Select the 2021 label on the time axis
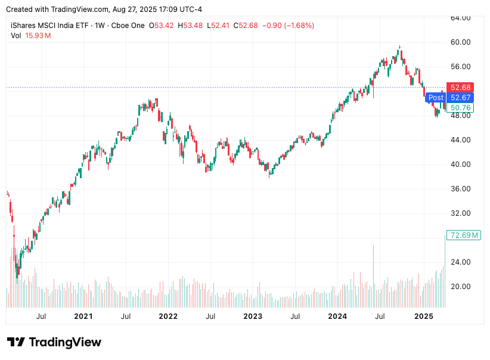(x=83, y=316)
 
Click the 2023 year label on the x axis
(x=252, y=316)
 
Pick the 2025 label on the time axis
(x=423, y=316)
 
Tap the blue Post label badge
(x=436, y=98)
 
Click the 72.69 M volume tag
(x=464, y=235)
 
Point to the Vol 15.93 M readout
(x=31, y=36)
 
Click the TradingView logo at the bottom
(x=54, y=342)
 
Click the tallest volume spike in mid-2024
(x=374, y=274)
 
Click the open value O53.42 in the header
(x=162, y=26)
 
